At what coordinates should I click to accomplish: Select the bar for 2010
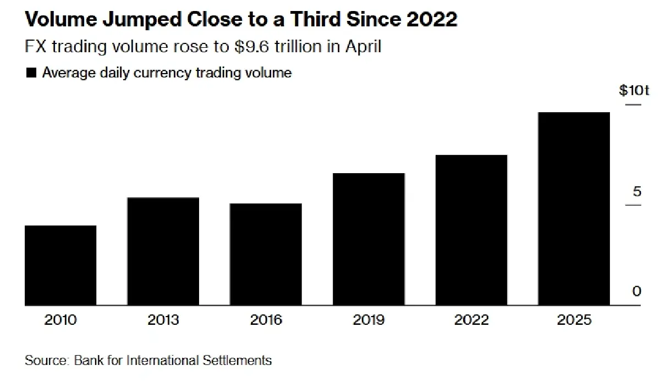point(61,265)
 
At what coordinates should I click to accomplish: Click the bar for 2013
point(163,251)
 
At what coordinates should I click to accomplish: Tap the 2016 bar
point(266,254)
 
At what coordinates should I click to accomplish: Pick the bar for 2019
point(369,239)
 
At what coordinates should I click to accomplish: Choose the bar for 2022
point(471,230)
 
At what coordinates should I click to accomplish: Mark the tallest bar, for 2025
point(574,209)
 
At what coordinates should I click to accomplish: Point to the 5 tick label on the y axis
point(637,192)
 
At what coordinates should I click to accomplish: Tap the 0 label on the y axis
point(637,291)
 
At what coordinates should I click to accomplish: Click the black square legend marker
point(31,73)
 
